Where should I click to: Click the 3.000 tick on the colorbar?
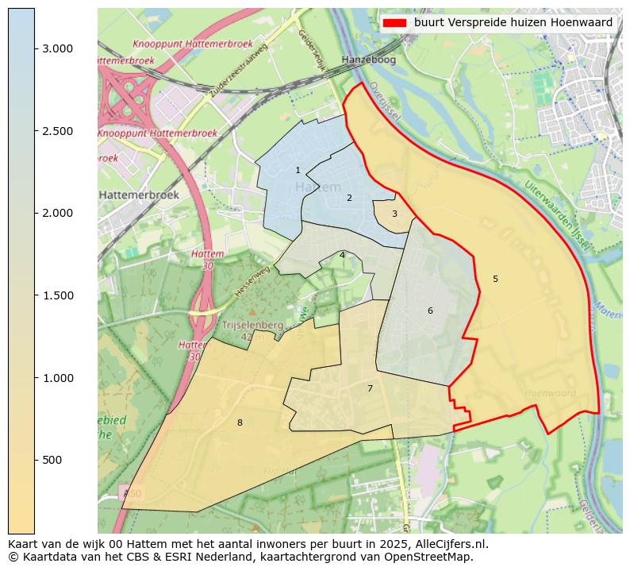(35, 48)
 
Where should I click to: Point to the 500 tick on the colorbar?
(35, 460)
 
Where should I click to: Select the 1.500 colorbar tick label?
(57, 295)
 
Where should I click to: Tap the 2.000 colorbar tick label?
(57, 213)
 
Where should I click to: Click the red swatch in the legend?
(394, 23)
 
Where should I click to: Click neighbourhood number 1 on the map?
(298, 170)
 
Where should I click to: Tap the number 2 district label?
(349, 198)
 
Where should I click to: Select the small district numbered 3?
(394, 214)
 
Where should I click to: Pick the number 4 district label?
(342, 255)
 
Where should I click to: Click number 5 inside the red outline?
(495, 279)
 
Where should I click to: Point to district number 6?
(430, 311)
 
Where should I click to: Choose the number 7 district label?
(370, 388)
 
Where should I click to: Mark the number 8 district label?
(240, 422)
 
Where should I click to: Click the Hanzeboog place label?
(367, 60)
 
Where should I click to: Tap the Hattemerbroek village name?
(139, 195)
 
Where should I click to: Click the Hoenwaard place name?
(550, 393)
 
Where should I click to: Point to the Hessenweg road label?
(252, 281)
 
